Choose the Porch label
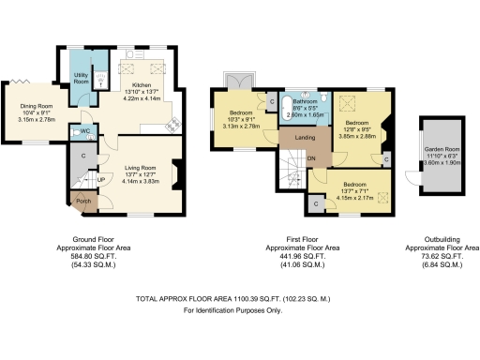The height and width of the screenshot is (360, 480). coord(82,201)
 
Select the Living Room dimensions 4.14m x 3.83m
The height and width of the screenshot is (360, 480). coord(143,182)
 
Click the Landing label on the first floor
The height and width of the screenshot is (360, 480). coord(304,139)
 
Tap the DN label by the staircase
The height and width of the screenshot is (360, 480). coord(312,159)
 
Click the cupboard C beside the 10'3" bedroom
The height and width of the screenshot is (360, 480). coord(271,101)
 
